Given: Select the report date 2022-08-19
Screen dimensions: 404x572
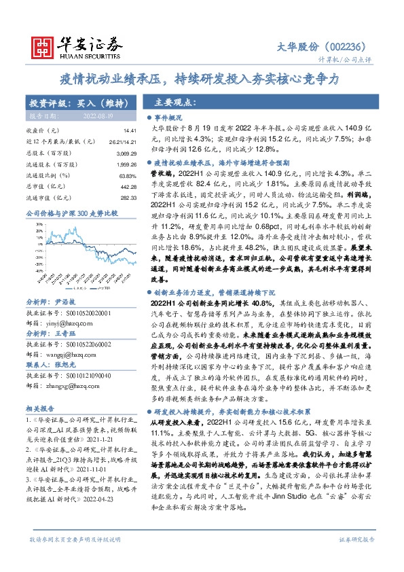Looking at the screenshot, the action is pos(98,117).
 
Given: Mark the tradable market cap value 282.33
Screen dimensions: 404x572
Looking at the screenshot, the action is pos(129,197).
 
